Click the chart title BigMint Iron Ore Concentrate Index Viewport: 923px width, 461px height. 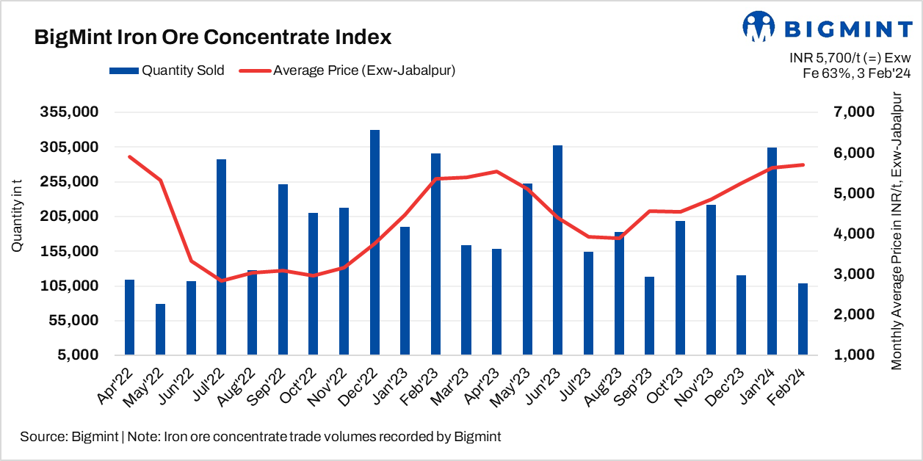point(213,37)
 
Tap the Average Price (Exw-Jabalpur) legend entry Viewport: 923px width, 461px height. point(352,71)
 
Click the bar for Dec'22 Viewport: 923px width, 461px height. point(374,242)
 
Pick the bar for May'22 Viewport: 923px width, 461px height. point(160,329)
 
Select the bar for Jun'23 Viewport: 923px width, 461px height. point(558,250)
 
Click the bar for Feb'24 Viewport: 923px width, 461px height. point(803,319)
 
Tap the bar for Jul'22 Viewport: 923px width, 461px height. point(221,257)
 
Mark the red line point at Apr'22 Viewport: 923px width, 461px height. point(129,156)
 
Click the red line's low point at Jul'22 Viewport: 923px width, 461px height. point(221,280)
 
